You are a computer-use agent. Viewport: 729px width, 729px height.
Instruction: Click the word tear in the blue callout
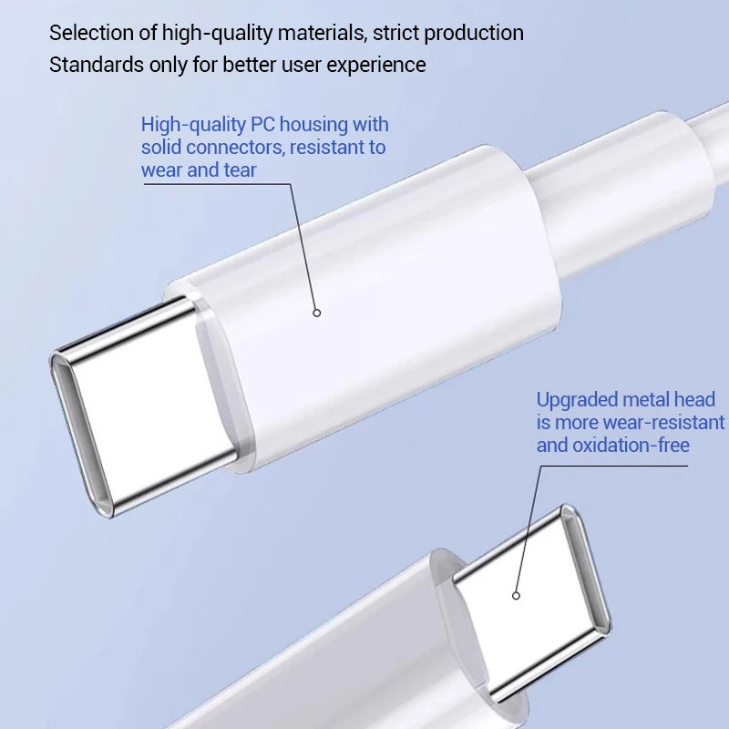240,169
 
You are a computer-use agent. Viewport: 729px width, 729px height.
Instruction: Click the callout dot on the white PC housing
317,313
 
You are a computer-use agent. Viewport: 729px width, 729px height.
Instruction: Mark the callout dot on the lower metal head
516,596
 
